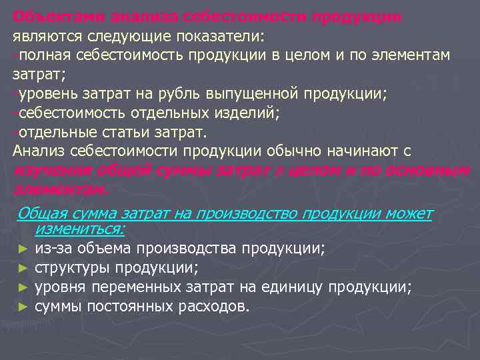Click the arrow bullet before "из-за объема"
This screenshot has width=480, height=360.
(x=23, y=249)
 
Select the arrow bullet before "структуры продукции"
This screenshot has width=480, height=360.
(x=23, y=269)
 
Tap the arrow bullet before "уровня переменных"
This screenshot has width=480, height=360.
(x=23, y=288)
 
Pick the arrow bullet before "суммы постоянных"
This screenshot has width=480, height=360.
(x=23, y=307)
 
